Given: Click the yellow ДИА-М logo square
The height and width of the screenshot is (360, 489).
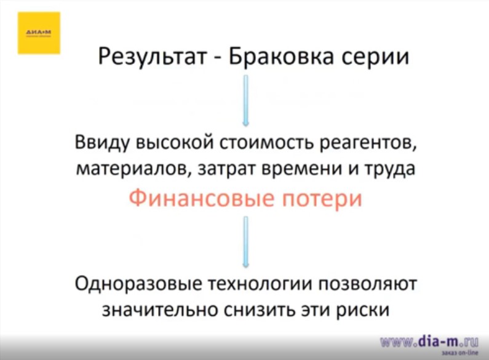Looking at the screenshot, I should [x=39, y=33].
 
